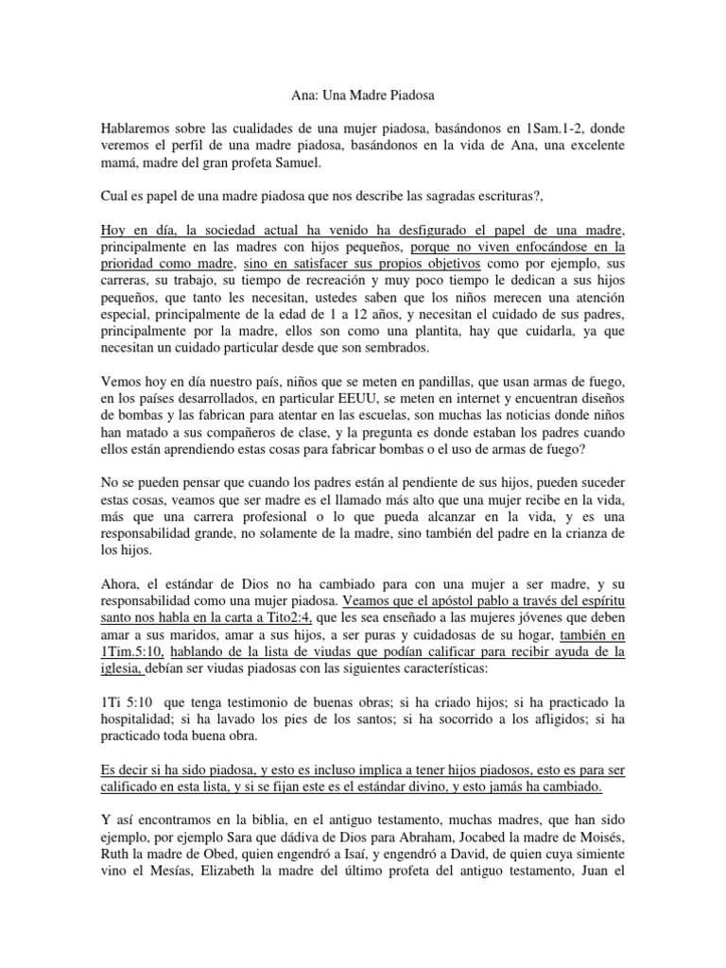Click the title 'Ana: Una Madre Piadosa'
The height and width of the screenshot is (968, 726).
point(362,95)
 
